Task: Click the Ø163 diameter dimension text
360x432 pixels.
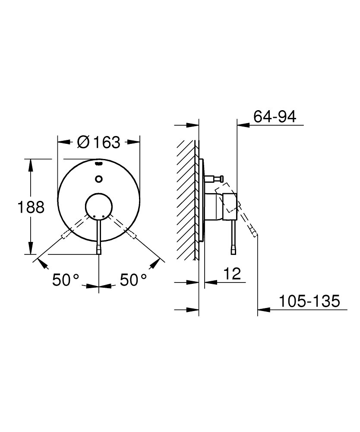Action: click(98, 142)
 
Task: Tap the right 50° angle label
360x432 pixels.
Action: click(133, 280)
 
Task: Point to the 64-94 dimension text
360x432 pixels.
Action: click(275, 117)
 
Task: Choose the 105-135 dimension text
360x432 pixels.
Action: click(309, 301)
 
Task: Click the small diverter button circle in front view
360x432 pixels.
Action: click(99, 178)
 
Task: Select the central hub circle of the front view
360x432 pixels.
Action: click(99, 205)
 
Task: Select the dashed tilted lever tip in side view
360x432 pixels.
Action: click(255, 234)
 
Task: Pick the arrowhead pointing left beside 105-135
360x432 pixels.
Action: click(262, 309)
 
